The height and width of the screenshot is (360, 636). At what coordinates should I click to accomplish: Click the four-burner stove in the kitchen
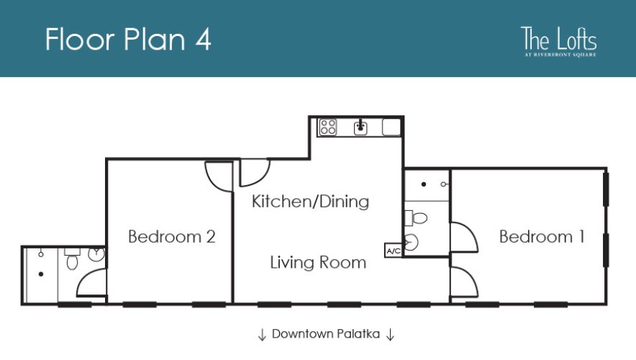click(x=328, y=127)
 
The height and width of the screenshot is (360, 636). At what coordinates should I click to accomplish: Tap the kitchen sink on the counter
click(x=361, y=127)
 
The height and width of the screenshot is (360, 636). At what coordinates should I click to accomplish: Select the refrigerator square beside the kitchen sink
click(x=391, y=127)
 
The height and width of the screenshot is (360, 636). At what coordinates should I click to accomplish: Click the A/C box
click(x=394, y=251)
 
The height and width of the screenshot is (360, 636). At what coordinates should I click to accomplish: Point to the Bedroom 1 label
click(x=541, y=236)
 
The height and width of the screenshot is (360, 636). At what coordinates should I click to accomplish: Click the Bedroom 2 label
click(x=171, y=236)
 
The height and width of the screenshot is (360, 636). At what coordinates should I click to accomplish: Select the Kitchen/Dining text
click(x=310, y=202)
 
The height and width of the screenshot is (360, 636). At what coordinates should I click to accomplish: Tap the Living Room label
click(x=318, y=262)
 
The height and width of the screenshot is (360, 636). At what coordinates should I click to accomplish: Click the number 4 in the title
click(x=202, y=39)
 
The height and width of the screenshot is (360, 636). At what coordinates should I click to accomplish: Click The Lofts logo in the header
click(x=559, y=41)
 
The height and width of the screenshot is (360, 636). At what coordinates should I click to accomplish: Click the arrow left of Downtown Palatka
click(x=262, y=335)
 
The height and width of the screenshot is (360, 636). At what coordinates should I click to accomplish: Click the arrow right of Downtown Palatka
click(x=390, y=335)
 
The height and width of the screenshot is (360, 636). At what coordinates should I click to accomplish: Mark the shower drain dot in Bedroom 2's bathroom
click(x=42, y=274)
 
